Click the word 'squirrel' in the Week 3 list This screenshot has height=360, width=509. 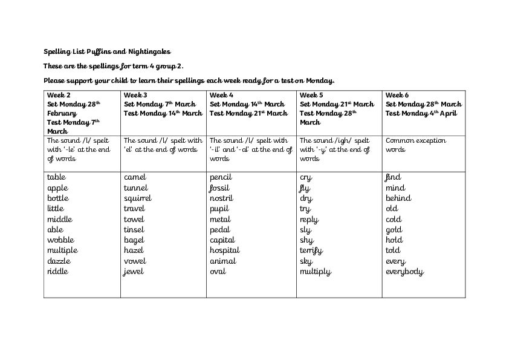137,198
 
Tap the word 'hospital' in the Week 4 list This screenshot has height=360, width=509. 224,250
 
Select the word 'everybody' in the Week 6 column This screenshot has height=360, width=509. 404,272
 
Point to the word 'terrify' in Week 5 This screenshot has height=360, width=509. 311,250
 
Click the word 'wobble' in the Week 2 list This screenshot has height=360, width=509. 60,240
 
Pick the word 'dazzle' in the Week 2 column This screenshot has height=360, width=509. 59,261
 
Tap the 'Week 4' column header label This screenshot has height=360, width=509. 221,95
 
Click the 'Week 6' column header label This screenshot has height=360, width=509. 397,95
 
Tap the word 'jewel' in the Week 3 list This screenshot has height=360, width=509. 134,272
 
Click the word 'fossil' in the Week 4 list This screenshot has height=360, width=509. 219,188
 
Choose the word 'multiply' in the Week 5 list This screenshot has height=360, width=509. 315,272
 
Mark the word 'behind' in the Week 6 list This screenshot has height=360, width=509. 398,198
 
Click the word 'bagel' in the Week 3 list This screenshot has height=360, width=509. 134,240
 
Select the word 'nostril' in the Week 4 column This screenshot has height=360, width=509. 221,198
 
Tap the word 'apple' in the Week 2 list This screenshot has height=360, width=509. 57,188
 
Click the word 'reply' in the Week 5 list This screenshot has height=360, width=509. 309,220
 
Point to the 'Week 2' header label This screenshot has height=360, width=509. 59,95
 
